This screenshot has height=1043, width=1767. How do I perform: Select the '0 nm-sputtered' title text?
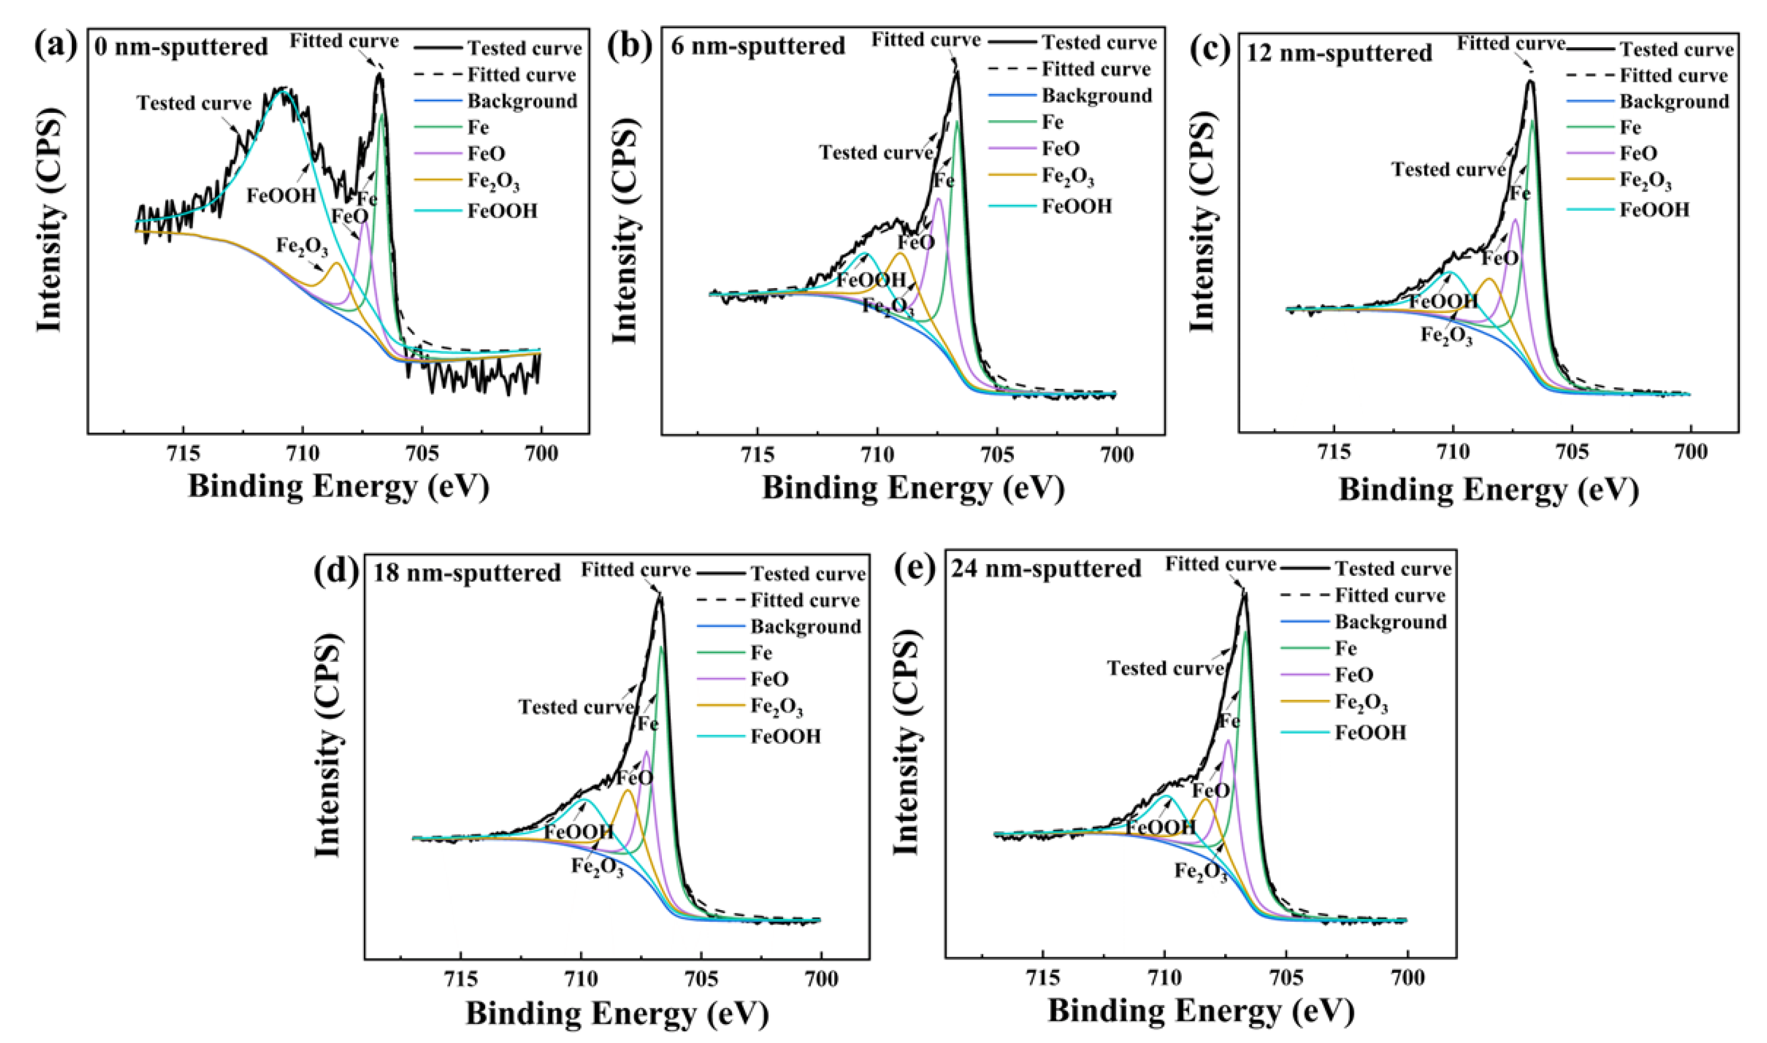[x=181, y=47]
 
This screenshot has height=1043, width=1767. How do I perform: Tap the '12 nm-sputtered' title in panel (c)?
[x=1339, y=53]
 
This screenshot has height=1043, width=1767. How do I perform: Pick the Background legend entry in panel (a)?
[x=522, y=101]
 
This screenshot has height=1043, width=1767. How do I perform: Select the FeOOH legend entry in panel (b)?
[x=1076, y=206]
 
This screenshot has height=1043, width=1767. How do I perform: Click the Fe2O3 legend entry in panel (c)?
[x=1645, y=181]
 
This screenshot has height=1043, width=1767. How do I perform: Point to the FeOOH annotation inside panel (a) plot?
[x=281, y=195]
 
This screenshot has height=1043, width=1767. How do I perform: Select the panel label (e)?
[x=915, y=568]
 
